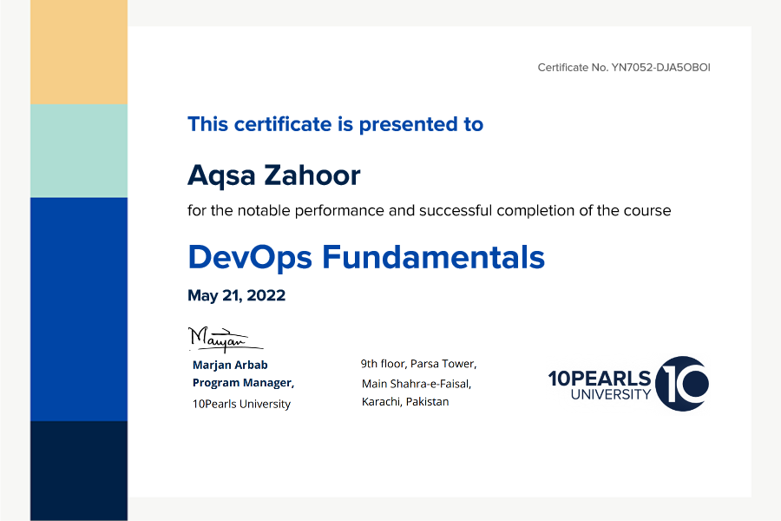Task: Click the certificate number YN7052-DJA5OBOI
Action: [660, 68]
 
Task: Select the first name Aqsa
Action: [221, 175]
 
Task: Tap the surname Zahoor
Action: [312, 175]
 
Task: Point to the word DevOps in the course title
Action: [250, 258]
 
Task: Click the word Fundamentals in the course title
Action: [433, 257]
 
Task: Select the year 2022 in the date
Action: [266, 295]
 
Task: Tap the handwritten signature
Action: [225, 339]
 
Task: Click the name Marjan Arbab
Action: [230, 365]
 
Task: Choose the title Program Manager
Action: [243, 383]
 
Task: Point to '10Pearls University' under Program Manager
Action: [241, 404]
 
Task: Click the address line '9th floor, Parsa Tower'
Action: [418, 364]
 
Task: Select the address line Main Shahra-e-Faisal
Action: [417, 384]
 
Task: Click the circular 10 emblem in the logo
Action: [682, 384]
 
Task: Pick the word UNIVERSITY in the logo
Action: [611, 394]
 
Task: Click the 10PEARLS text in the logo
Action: [600, 379]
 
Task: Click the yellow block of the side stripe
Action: [79, 52]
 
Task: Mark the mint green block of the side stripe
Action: [79, 150]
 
